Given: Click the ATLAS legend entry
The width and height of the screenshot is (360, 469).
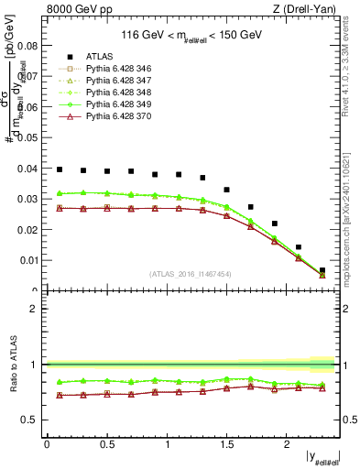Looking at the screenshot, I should coord(98,56).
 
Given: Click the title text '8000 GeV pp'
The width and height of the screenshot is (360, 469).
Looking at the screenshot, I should coord(71,9).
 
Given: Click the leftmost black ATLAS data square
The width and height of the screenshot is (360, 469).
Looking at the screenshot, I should coord(60,169).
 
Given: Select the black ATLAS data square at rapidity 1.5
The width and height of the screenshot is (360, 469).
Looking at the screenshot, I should coord(227,190).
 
